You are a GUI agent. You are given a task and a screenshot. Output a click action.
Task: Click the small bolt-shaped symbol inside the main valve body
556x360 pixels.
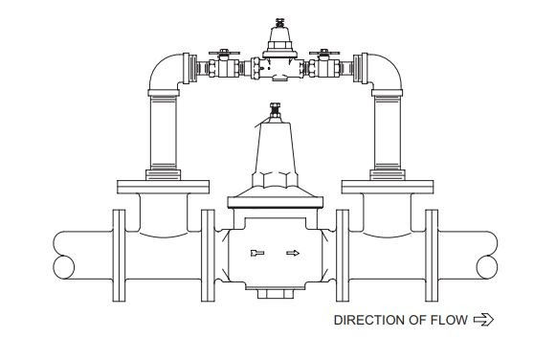(x=256, y=254)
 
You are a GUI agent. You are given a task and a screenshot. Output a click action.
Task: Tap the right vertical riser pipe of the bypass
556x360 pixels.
(x=392, y=134)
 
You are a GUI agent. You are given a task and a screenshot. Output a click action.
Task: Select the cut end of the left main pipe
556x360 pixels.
(x=61, y=254)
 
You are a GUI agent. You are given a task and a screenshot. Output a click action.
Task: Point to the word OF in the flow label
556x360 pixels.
(x=418, y=320)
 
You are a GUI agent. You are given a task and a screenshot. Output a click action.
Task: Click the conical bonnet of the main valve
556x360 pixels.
(x=277, y=148)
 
